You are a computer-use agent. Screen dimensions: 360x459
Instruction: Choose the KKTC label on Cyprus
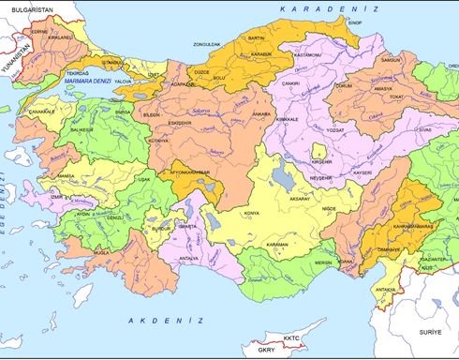pos(276,336)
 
